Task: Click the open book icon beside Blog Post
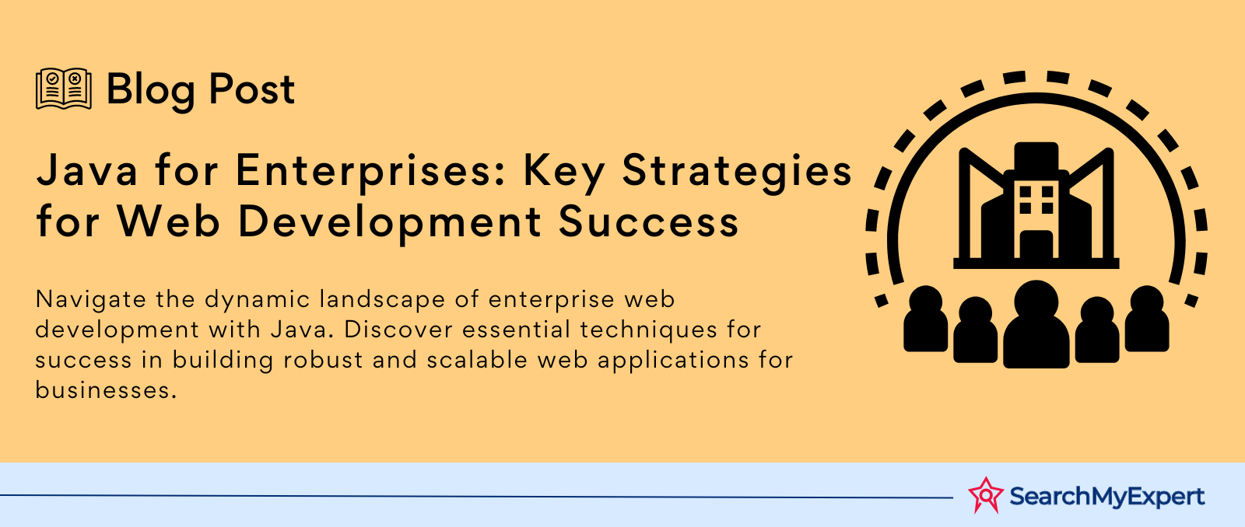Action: pos(64,89)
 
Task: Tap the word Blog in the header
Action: pos(151,91)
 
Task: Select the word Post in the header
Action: pos(252,89)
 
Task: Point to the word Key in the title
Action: pos(563,173)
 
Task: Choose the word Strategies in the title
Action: pos(737,173)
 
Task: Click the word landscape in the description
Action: pos(382,301)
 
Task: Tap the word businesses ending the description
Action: pos(106,390)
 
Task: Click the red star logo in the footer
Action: pos(986,495)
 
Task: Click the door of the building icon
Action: pos(1036,244)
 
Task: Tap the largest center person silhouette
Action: pos(1036,324)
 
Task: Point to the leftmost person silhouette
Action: pos(925,319)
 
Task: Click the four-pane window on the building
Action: pos(1036,200)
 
